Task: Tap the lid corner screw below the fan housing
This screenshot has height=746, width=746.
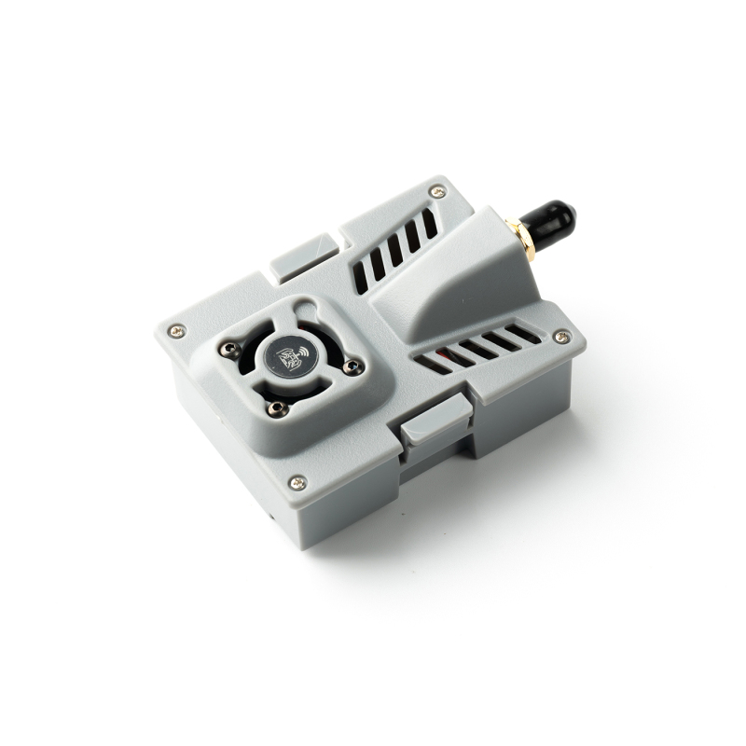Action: tap(297, 482)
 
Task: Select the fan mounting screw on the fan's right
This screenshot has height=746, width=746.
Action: tap(352, 367)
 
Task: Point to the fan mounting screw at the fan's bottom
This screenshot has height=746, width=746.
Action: tap(274, 407)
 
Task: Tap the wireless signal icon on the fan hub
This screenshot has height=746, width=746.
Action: tap(301, 354)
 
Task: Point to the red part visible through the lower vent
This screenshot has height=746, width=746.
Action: tap(454, 355)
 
